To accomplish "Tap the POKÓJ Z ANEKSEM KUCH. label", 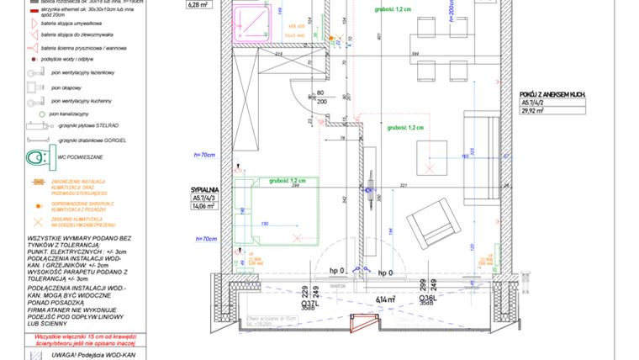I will [x=552, y=94].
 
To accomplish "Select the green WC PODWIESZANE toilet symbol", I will [x=37, y=157].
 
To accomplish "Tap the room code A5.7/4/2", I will [x=533, y=102].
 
